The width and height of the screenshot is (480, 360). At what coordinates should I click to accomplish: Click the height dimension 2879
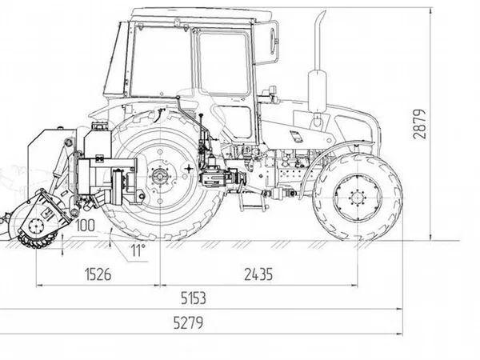(x=419, y=124)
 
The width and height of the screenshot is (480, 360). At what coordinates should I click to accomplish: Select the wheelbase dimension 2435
(x=258, y=274)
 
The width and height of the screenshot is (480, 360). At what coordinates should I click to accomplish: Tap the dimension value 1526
(x=98, y=274)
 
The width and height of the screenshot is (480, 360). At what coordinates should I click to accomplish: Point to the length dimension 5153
(x=194, y=298)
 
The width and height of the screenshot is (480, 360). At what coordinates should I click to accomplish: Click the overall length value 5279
(x=188, y=322)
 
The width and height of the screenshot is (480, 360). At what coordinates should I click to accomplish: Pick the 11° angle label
(x=138, y=250)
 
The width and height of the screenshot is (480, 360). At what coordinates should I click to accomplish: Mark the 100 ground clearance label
(x=85, y=226)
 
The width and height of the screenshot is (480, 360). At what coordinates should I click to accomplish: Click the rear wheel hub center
(x=159, y=176)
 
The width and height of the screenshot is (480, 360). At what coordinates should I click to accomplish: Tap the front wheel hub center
(x=357, y=197)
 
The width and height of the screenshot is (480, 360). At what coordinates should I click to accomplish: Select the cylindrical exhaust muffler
(x=317, y=91)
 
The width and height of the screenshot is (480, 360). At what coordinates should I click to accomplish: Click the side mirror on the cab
(x=273, y=41)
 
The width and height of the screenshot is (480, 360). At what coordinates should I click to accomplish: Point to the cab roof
(x=201, y=14)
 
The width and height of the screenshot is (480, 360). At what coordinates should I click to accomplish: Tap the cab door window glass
(x=223, y=63)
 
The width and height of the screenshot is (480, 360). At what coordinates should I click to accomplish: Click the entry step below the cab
(x=251, y=202)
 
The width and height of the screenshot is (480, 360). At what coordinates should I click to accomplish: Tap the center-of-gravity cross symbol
(x=189, y=168)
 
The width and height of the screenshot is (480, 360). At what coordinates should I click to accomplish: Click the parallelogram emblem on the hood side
(x=296, y=136)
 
